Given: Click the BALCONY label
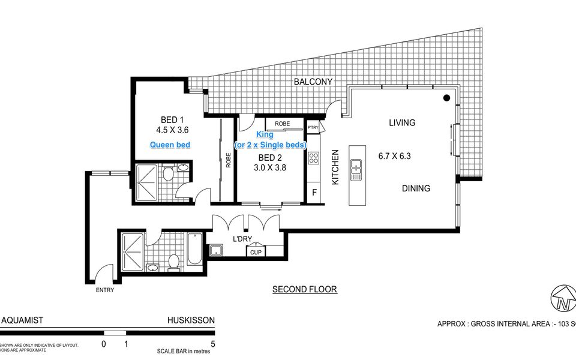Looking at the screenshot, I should tap(313, 82).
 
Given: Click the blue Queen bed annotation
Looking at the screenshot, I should tap(170, 145).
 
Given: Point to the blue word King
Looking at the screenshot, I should tap(265, 135).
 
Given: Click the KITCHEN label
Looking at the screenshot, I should tap(336, 167).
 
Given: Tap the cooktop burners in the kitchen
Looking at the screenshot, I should tap(313, 158).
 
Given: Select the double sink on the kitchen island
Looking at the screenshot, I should tap(356, 170).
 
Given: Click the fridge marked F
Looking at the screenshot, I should tap(313, 193).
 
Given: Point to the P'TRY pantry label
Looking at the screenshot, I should tap(313, 128).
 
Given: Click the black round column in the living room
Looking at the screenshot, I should tap(447, 98).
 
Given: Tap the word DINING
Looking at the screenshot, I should tap(416, 188).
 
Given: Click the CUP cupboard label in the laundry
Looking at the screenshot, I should tap(256, 252).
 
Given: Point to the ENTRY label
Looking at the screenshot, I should tap(104, 290).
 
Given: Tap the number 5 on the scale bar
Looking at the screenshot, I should tap(212, 344).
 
